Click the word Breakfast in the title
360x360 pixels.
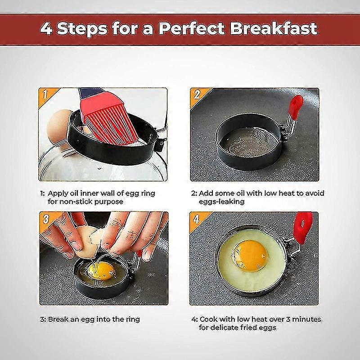click(x=274, y=28)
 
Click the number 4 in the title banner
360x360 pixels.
click(x=47, y=28)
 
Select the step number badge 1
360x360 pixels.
click(x=45, y=94)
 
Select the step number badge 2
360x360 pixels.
click(x=197, y=94)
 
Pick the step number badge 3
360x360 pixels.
click(x=45, y=219)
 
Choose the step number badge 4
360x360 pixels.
click(x=197, y=219)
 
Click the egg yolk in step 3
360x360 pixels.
click(x=100, y=270)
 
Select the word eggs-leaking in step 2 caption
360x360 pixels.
click(x=222, y=202)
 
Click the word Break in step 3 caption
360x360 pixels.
click(x=58, y=319)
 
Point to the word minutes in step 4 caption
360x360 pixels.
click(x=306, y=319)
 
